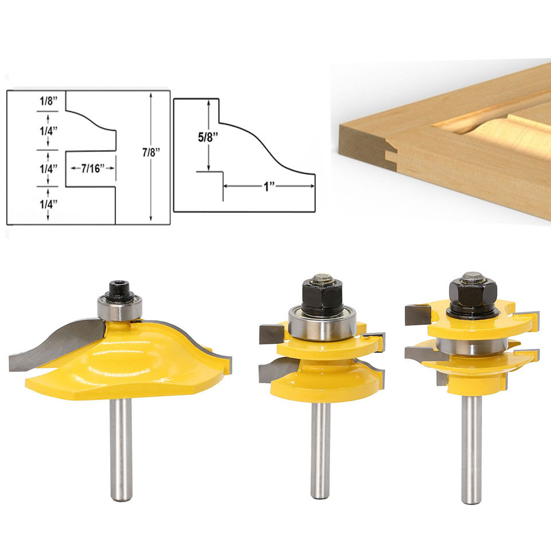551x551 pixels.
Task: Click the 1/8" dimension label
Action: pos(48,101)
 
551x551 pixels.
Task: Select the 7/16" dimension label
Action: pos(93,168)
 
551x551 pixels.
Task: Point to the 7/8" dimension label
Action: pos(151,152)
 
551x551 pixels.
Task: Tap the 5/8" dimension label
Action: pos(208,137)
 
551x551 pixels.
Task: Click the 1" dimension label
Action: pos(269,187)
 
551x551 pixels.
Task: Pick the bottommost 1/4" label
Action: pos(48,204)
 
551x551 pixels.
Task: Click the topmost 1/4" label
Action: pos(48,131)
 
